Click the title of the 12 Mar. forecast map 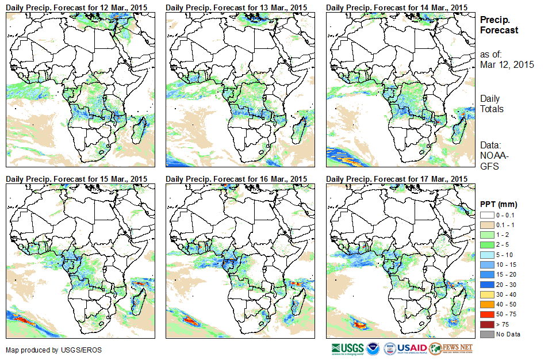[x=76, y=7]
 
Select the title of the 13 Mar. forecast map [x=236, y=7]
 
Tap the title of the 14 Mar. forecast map [x=396, y=7]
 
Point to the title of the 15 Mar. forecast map [x=76, y=179]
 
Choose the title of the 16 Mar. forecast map [x=236, y=179]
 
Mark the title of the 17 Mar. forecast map [x=396, y=179]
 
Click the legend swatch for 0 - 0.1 [x=486, y=215]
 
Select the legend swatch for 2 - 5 [x=486, y=244]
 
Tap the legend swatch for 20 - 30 [x=486, y=284]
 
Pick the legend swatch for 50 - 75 [x=486, y=314]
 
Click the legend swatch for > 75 [x=486, y=324]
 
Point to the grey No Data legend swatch [x=486, y=334]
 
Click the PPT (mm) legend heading [x=499, y=205]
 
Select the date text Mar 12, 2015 [x=507, y=64]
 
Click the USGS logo [x=347, y=348]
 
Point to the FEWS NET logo [x=451, y=348]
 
